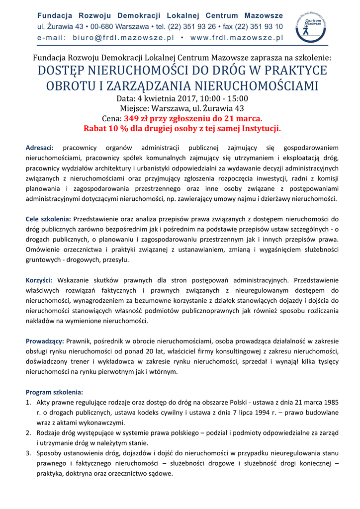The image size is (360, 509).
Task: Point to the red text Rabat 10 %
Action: pyautogui.click(x=107, y=129)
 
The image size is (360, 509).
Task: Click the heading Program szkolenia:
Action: pyautogui.click(x=55, y=392)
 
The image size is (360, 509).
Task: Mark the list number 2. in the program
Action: pyautogui.click(x=29, y=433)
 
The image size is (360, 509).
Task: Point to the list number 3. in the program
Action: pyautogui.click(x=29, y=453)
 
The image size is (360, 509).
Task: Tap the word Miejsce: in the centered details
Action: pyautogui.click(x=135, y=108)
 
